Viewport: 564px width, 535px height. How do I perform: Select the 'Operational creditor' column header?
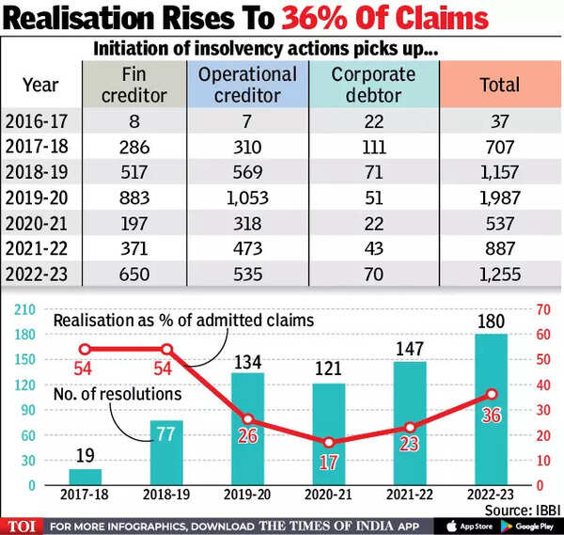coord(253,84)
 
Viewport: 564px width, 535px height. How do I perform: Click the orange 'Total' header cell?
coord(498,84)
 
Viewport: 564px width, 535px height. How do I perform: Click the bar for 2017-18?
coord(86,478)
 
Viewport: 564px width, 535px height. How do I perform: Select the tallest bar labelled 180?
coord(492,410)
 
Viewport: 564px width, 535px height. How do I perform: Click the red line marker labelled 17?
coord(330,443)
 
